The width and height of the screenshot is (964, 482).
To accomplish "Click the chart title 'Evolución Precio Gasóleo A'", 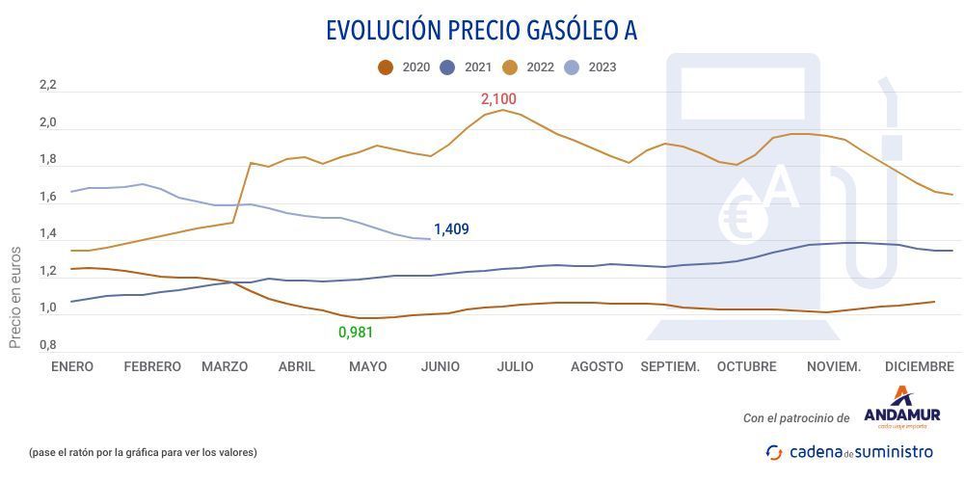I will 481,31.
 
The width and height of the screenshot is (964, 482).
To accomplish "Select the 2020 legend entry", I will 405,67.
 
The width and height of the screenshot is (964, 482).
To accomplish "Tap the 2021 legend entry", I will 468,67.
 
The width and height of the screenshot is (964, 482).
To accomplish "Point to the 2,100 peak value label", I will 499,99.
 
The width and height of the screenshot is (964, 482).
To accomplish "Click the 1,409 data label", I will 451,229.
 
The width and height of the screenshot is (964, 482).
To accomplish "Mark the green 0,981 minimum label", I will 356,333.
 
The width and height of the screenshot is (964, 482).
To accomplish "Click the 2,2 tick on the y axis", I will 47,86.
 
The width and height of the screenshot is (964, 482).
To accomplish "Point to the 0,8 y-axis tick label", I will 47,345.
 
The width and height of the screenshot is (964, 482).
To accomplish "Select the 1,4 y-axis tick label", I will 47,234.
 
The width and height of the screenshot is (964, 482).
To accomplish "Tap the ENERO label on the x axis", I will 72,367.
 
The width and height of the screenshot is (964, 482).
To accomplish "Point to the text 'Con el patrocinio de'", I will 796,418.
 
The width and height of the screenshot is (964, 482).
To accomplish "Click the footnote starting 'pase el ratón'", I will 143,452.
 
